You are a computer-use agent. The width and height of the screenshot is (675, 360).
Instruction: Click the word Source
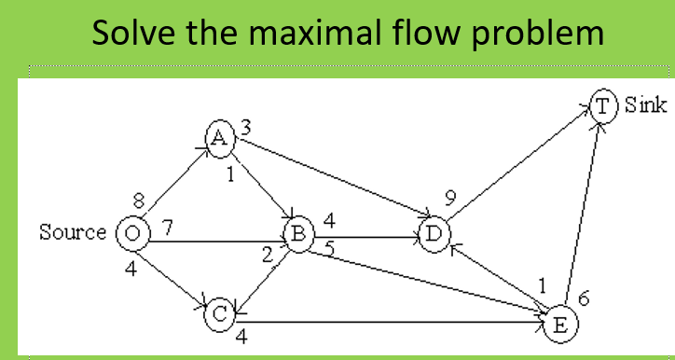pos(73,232)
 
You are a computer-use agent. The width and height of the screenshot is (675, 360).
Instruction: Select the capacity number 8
pos(139,199)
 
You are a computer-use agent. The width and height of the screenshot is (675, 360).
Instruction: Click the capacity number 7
pos(168,226)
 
